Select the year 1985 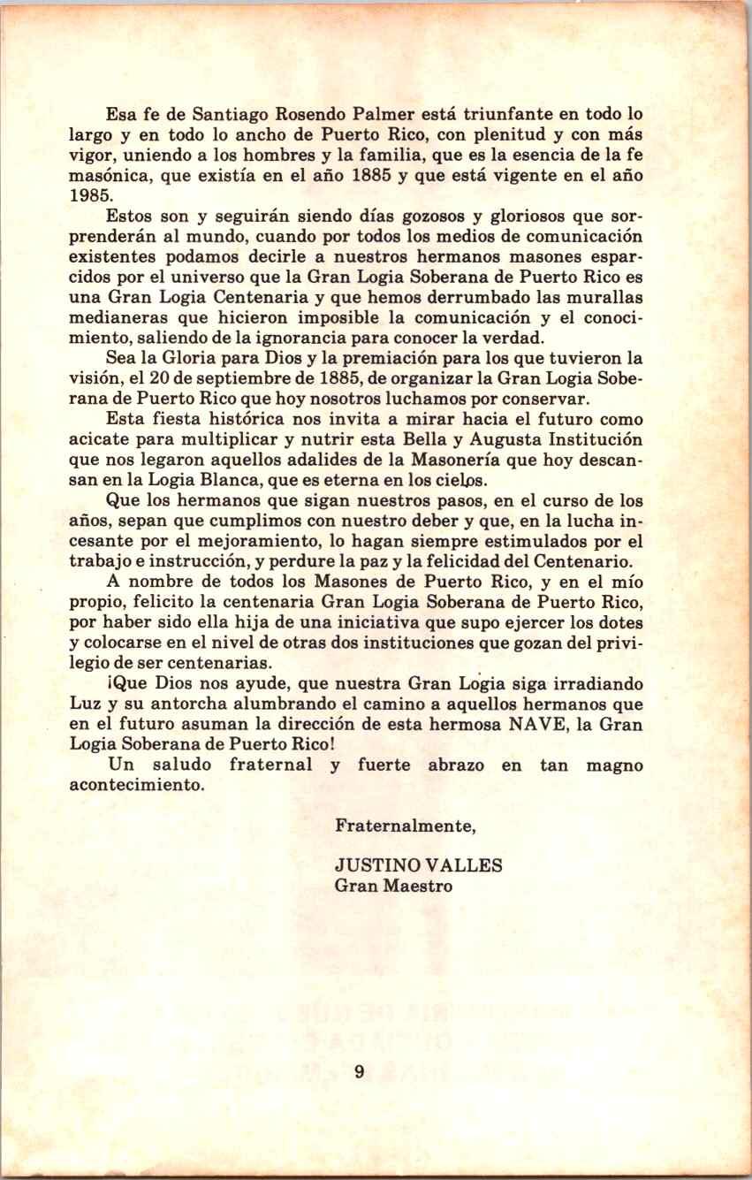(x=87, y=195)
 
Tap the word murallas (x=599, y=296)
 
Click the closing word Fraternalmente (x=406, y=826)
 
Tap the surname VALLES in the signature (x=464, y=865)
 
